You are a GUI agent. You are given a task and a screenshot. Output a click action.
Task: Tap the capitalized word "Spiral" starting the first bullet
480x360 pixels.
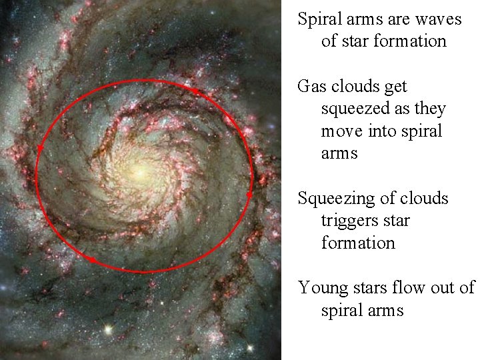pos(319,19)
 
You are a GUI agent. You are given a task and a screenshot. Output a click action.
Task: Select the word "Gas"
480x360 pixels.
pos(311,87)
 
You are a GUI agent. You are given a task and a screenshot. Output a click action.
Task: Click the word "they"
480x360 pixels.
pos(429,109)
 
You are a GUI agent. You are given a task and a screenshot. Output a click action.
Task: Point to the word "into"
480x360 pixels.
pos(380,131)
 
